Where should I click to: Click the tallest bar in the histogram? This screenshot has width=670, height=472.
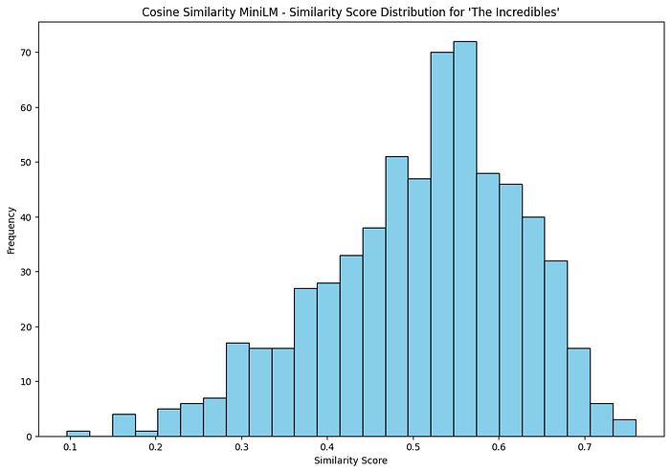(465, 239)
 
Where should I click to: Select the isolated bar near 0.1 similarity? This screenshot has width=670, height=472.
(78, 433)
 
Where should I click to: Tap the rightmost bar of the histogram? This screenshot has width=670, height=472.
(624, 428)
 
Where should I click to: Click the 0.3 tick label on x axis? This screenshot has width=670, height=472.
(242, 447)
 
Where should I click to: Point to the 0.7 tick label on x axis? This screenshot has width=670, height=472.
(585, 447)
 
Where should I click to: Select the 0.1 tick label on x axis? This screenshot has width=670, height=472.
(70, 447)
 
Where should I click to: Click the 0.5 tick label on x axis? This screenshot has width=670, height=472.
(413, 447)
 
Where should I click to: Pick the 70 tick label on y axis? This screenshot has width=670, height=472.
(31, 52)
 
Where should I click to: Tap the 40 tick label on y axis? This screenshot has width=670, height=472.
(31, 216)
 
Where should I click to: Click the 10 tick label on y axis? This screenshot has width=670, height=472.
(31, 381)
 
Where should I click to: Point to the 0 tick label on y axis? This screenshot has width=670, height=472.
(33, 437)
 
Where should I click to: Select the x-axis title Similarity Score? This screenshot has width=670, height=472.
(350, 461)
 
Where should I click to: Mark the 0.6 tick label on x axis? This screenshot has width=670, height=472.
(499, 447)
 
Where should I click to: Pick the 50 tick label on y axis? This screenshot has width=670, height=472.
(31, 162)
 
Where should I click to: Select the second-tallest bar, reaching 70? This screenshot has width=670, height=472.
(442, 244)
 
